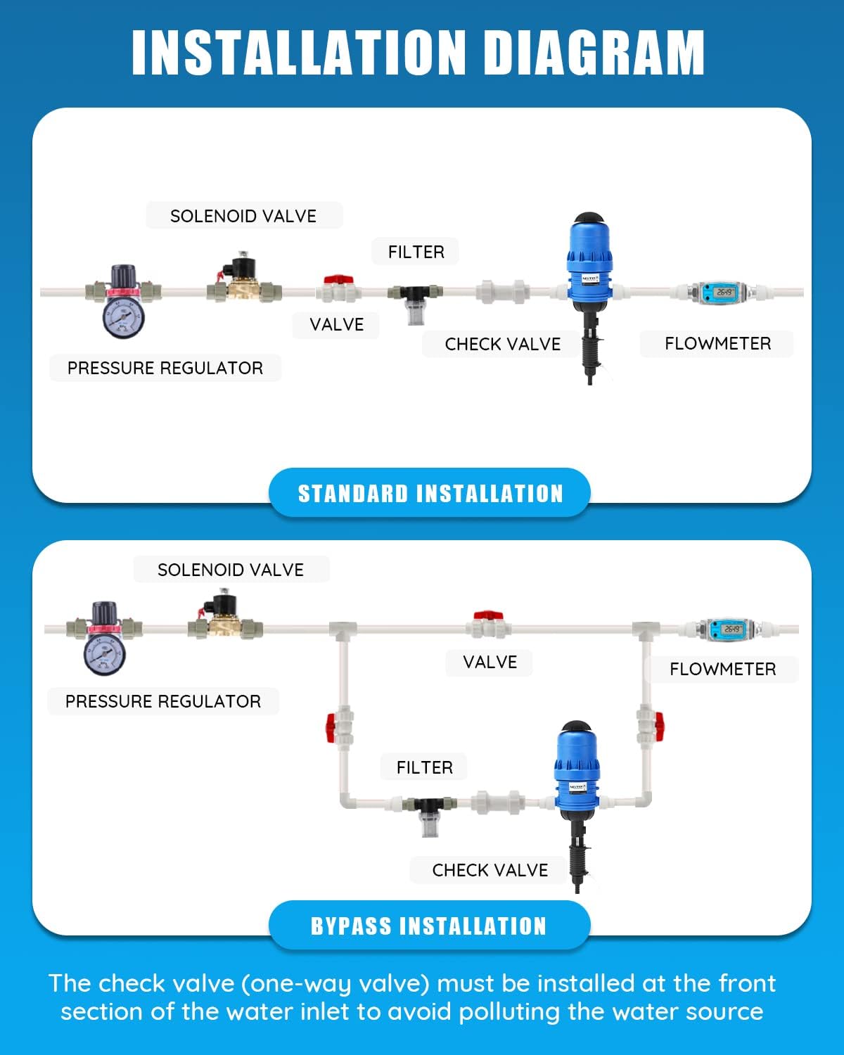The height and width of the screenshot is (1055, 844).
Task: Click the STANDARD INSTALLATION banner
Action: tap(430, 493)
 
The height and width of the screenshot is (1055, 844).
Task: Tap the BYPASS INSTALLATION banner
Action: tap(429, 926)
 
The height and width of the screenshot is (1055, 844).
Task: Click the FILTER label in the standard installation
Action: tap(416, 252)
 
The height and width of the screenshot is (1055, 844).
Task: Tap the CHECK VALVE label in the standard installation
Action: tap(502, 344)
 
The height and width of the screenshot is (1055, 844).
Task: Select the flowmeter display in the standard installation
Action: tap(724, 291)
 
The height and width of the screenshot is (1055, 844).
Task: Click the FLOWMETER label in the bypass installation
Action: tap(722, 669)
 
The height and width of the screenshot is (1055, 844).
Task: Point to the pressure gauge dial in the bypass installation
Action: tap(105, 654)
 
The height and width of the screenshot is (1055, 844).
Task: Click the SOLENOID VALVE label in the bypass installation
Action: tap(231, 570)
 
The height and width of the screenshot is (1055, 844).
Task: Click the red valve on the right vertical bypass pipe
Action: tap(657, 726)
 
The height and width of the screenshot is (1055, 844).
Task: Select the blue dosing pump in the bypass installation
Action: tap(578, 770)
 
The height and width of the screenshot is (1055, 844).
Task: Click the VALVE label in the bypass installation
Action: tap(490, 662)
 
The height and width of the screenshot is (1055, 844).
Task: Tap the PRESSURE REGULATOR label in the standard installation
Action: tap(165, 368)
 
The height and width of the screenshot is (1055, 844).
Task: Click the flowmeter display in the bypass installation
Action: tap(731, 629)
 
